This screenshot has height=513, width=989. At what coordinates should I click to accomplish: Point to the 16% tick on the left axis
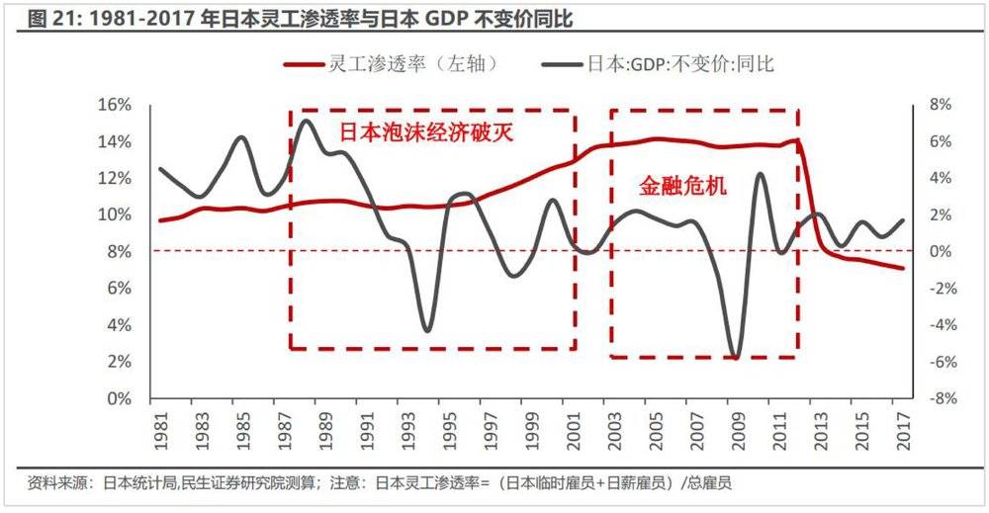click(117, 105)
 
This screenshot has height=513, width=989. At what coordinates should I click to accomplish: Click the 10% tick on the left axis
click(117, 214)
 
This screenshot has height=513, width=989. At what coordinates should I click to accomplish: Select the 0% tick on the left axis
click(122, 398)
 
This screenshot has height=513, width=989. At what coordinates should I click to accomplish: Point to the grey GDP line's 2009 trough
click(734, 357)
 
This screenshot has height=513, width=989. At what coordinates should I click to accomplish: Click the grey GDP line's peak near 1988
click(306, 122)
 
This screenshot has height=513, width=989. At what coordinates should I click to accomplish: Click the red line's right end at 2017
click(902, 268)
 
